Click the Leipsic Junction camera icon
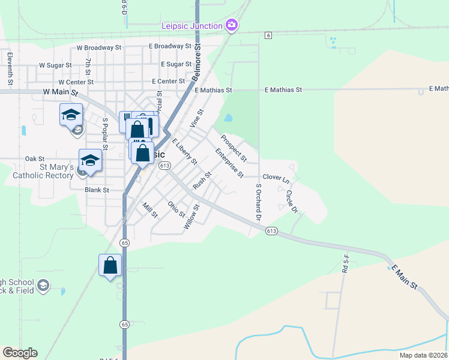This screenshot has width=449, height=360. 232,25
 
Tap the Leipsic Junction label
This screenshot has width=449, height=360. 191,25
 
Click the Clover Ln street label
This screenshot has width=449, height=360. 276,179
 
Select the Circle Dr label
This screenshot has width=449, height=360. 292,202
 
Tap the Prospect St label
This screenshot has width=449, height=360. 234,148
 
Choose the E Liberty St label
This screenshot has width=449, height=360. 184,152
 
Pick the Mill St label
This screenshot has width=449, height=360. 149,210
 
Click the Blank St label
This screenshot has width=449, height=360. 97,190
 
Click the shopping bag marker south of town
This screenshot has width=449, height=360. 110,265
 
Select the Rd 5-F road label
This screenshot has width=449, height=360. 346,263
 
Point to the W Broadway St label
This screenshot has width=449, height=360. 99,47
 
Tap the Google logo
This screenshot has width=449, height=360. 20,353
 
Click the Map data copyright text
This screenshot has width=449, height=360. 415,355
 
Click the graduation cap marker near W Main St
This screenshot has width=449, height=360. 71,114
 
